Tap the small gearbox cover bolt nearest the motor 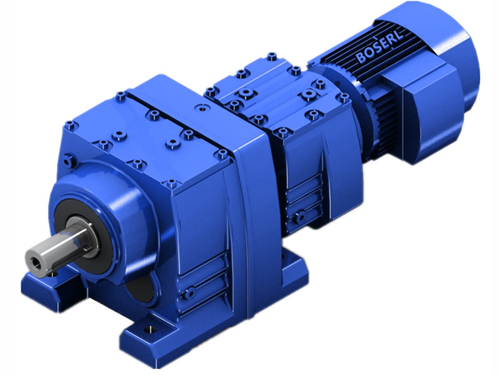[x=341, y=99]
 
